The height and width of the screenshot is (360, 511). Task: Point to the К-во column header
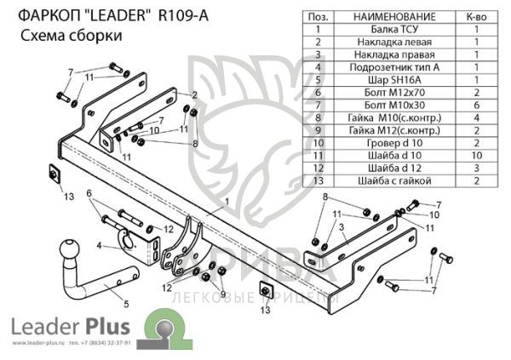476,16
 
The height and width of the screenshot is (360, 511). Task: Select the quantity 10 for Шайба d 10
476,155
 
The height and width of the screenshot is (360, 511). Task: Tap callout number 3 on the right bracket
340,228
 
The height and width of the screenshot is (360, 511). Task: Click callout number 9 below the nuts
223,294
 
